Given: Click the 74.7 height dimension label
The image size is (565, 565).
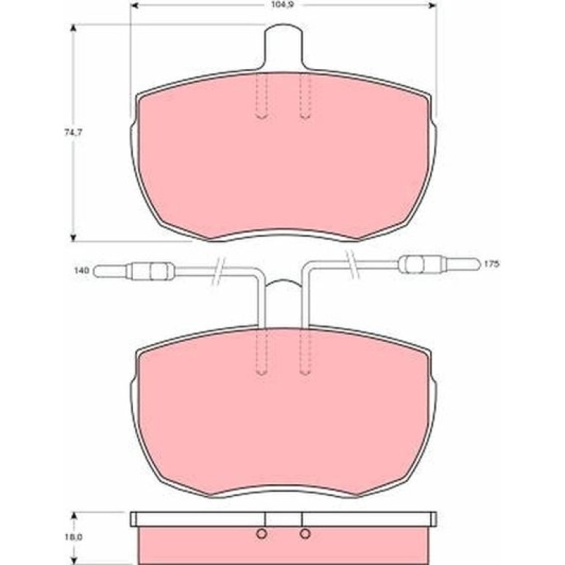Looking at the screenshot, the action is [x=73, y=133].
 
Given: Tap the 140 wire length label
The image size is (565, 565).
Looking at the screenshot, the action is [x=81, y=270].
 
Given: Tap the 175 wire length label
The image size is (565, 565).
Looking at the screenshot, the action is [x=491, y=264].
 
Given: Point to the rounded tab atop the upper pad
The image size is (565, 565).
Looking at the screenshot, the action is [x=283, y=46].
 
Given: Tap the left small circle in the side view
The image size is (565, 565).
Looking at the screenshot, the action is [x=262, y=534].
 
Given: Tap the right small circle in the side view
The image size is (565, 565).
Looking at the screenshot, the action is [x=305, y=534].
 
